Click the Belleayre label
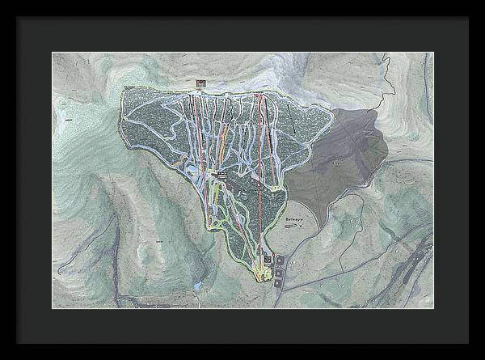point(297,218)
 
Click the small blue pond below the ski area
point(196,286)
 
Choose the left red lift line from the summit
point(195,129)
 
